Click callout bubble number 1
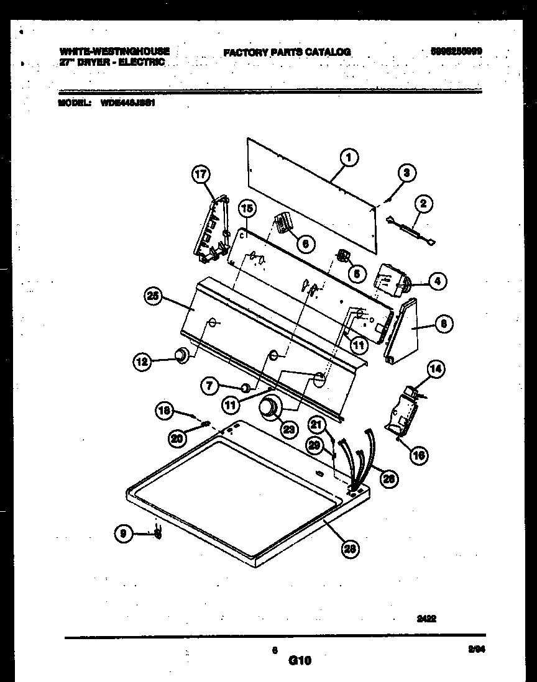tap(349, 158)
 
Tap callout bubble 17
tap(201, 175)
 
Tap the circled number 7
tap(209, 386)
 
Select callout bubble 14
tap(435, 370)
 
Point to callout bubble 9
tap(124, 532)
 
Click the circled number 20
tap(178, 439)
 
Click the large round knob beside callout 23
tap(269, 407)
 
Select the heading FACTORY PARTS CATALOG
tap(287, 52)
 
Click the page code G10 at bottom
tap(300, 662)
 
